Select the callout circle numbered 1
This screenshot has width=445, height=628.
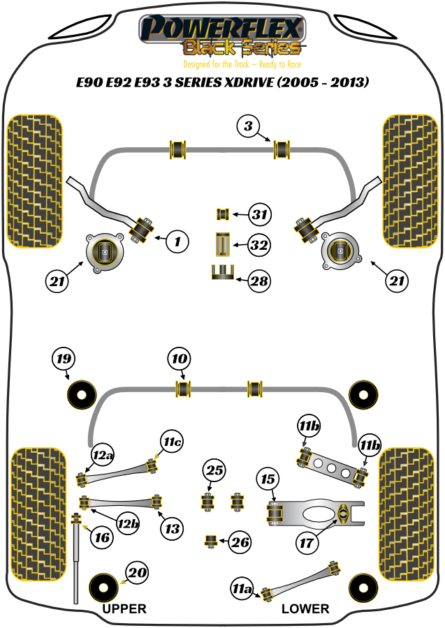[x=177, y=242]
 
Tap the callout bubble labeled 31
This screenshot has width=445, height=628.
[x=259, y=214]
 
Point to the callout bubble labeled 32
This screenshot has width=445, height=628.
[x=259, y=245]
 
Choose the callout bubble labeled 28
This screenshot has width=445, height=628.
[x=259, y=281]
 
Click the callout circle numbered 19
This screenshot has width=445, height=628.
[x=64, y=360]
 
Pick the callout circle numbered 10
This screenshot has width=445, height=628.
[x=180, y=360]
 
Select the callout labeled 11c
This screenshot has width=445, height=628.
[x=172, y=442]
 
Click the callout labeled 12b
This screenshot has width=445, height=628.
[x=128, y=523]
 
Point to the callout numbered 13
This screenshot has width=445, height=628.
[x=172, y=528]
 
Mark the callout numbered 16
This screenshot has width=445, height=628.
[x=102, y=537]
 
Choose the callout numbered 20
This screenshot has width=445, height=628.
[x=138, y=574]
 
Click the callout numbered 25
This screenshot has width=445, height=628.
[x=215, y=472]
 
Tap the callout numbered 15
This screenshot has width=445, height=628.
[x=268, y=480]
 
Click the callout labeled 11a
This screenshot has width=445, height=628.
[x=242, y=590]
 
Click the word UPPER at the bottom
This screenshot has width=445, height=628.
[x=124, y=608]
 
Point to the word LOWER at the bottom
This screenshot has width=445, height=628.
[x=305, y=608]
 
